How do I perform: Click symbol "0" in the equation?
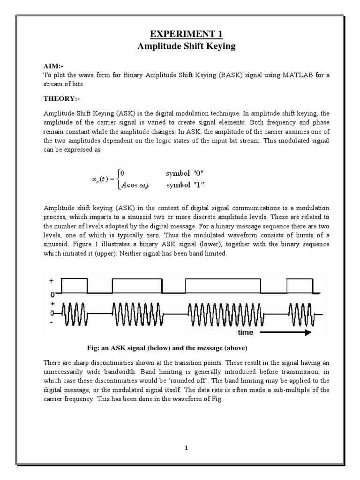tap(183, 174)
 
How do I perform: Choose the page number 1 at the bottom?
tap(186, 448)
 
